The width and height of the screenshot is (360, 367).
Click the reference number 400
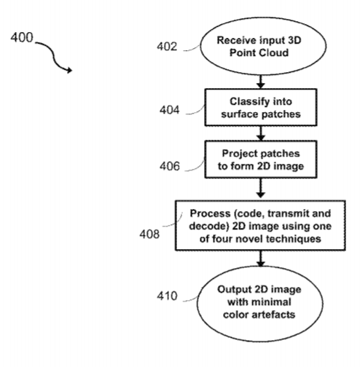[x=22, y=37]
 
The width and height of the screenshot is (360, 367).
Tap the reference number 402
[x=167, y=47]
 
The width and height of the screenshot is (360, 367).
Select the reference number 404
[x=170, y=110]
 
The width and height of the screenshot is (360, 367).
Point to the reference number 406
[x=170, y=166]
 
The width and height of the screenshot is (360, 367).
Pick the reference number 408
[x=149, y=234]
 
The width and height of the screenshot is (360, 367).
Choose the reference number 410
[x=167, y=296]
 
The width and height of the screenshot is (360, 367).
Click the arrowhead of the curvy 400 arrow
[x=69, y=70]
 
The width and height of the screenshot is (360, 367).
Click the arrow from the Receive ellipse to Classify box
[x=261, y=82]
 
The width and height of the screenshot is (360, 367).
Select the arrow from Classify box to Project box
[x=261, y=133]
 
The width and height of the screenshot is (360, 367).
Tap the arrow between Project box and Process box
[x=261, y=188]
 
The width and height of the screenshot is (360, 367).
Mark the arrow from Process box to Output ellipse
[x=261, y=259]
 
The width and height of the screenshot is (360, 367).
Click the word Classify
[x=246, y=102]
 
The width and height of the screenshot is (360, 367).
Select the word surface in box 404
[x=237, y=114]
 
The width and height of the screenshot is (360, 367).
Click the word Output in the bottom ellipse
[x=235, y=290]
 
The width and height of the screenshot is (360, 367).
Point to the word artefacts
[x=273, y=315]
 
